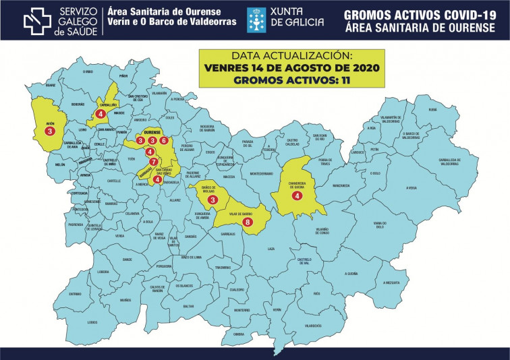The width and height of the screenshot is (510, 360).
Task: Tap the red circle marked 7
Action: point(154,162)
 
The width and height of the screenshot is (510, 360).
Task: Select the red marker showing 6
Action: point(163,141)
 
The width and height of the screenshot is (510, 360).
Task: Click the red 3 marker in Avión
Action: point(50,131)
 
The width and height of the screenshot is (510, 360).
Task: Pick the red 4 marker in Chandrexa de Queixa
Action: point(297,196)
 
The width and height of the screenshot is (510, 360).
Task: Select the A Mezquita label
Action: point(393,282)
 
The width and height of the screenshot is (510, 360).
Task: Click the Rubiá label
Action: point(432,109)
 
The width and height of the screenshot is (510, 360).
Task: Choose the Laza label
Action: point(271,249)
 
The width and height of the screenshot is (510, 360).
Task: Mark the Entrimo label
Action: point(75,293)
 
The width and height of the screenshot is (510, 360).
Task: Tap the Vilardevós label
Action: point(312,326)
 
